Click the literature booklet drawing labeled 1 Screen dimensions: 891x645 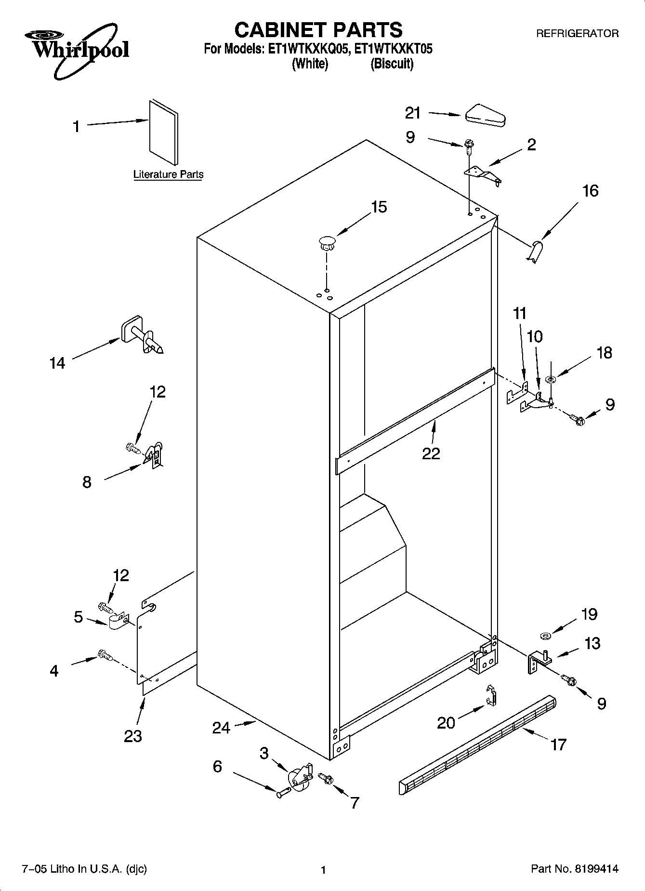pos(163,133)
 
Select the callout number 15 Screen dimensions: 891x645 pos(379,207)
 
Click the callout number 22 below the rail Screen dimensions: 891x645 pos(431,453)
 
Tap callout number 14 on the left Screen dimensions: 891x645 pos(57,363)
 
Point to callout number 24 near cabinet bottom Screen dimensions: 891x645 pos(221,727)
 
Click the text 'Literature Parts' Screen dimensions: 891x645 pos(168,174)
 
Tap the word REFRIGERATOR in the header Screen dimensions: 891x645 pos(578,34)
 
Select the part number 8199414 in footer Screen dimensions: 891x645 pos(595,869)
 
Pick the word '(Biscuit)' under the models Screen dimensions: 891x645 pos(392,64)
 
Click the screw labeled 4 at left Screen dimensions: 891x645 pos(105,655)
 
